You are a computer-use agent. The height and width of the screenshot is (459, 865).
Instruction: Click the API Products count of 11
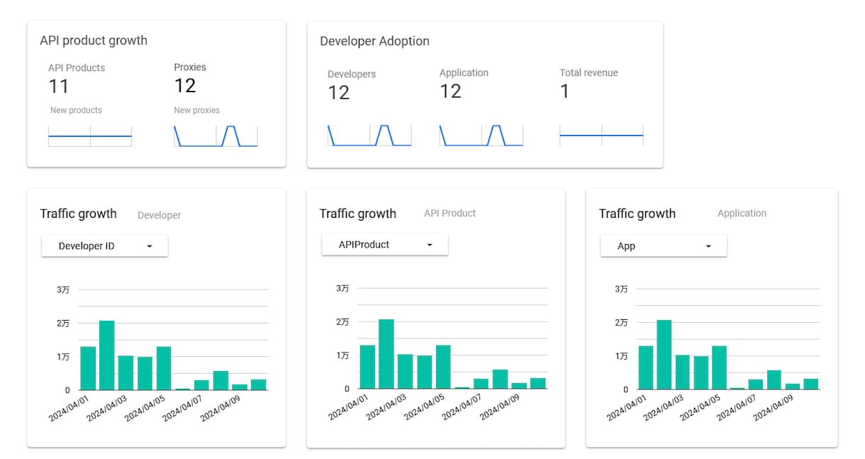(59, 86)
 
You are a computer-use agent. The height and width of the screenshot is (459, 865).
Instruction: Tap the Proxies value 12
(185, 85)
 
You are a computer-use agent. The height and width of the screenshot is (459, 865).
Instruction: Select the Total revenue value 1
(564, 92)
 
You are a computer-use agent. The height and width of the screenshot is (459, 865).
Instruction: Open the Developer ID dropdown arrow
(150, 246)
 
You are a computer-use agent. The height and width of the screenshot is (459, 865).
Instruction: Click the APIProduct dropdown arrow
(430, 245)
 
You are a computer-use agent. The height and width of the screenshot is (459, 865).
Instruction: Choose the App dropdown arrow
(708, 246)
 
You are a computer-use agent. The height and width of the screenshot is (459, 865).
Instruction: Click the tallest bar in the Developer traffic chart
(106, 355)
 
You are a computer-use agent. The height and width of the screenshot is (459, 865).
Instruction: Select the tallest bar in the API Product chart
(386, 354)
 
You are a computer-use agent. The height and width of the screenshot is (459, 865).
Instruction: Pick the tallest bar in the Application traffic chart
(664, 355)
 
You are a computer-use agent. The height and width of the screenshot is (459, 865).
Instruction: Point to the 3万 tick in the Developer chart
(63, 289)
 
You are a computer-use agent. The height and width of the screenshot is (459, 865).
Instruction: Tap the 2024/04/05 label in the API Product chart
(424, 407)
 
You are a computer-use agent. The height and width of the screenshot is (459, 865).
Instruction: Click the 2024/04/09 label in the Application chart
(773, 408)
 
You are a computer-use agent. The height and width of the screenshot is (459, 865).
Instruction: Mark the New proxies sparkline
(216, 136)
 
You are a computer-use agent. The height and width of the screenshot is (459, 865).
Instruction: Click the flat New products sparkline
(90, 136)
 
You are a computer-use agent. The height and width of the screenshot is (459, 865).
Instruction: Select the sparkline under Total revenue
(602, 136)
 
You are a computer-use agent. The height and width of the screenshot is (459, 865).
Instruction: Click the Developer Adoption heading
(374, 41)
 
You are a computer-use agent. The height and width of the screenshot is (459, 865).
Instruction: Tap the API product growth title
(94, 40)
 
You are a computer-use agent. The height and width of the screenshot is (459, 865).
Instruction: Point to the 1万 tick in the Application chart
(621, 356)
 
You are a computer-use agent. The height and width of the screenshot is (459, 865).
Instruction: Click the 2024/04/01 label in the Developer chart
(68, 409)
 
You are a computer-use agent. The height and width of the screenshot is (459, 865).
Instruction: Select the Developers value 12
(339, 92)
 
